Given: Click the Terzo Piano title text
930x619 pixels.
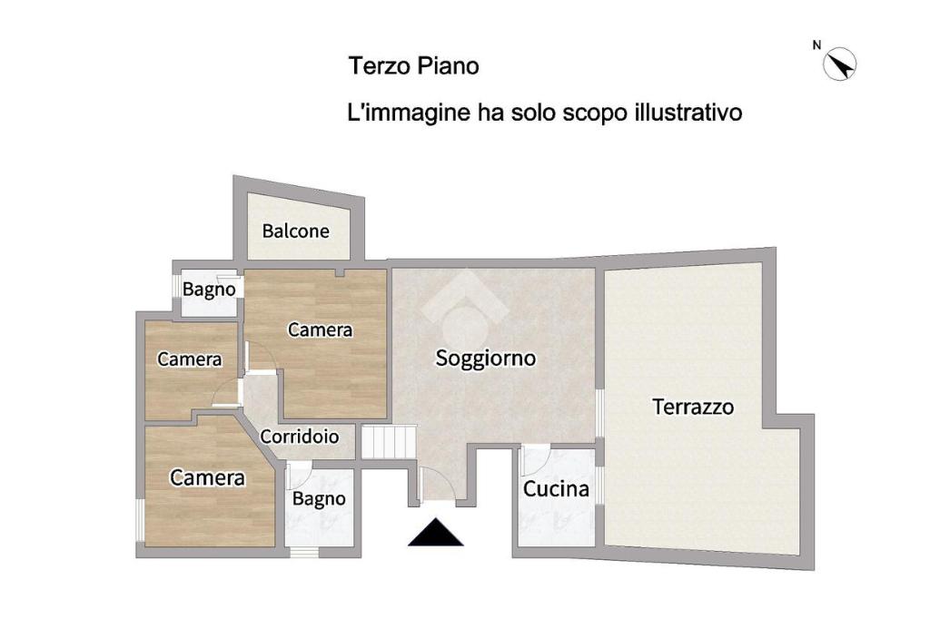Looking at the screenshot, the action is tap(413, 66).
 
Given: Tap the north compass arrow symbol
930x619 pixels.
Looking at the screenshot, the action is tap(840, 64).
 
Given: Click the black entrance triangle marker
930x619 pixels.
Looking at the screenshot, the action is tap(435, 532).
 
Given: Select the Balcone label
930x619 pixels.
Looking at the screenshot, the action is tap(295, 231).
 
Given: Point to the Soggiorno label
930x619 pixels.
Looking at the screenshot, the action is tap(486, 359).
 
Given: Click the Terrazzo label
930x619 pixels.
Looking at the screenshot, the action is tap(693, 407).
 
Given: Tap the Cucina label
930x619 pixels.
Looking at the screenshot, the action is tap(556, 488).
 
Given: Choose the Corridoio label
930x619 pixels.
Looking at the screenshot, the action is tap(300, 437).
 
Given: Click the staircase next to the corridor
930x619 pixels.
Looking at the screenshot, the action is tap(389, 442).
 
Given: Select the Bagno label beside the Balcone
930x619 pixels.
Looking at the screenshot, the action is tap(209, 290).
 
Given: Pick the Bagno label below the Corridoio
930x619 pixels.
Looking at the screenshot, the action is tap(319, 499).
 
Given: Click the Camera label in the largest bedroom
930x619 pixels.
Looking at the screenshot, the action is tap(321, 329).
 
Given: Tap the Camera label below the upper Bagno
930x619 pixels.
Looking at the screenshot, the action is tap(189, 359).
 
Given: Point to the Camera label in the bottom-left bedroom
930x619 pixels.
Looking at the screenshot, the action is tap(207, 477).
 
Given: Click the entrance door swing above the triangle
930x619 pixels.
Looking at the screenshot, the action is tap(437, 483).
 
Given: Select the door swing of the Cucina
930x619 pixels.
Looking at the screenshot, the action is tap(536, 459).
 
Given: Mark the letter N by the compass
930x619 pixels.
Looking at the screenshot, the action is tap(816, 45).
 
